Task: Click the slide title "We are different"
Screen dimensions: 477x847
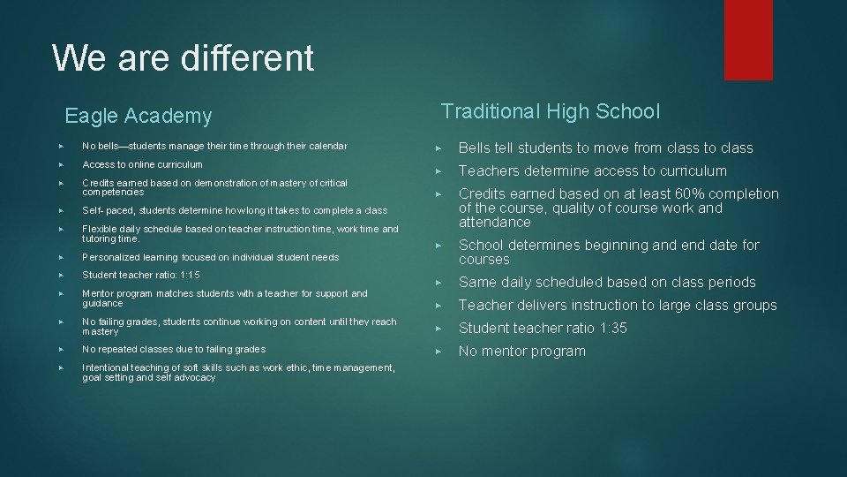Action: click(x=183, y=58)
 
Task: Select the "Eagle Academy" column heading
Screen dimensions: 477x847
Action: click(x=139, y=116)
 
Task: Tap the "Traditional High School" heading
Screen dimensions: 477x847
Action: click(x=550, y=111)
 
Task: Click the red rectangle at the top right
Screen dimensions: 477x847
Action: click(x=747, y=39)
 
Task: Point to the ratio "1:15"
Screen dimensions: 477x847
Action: click(x=190, y=276)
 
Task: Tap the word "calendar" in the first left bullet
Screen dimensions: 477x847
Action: click(x=326, y=146)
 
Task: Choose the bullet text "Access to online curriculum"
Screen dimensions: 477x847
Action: click(x=142, y=164)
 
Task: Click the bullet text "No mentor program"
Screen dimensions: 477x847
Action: click(x=521, y=352)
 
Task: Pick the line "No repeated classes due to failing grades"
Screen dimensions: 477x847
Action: click(x=173, y=349)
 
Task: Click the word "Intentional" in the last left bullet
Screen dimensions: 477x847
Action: click(x=103, y=367)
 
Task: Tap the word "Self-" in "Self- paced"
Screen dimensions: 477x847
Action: click(x=91, y=211)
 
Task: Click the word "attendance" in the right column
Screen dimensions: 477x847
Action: click(x=494, y=223)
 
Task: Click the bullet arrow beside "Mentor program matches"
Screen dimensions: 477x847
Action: click(x=61, y=294)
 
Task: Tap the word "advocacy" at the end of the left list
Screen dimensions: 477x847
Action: click(x=195, y=377)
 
